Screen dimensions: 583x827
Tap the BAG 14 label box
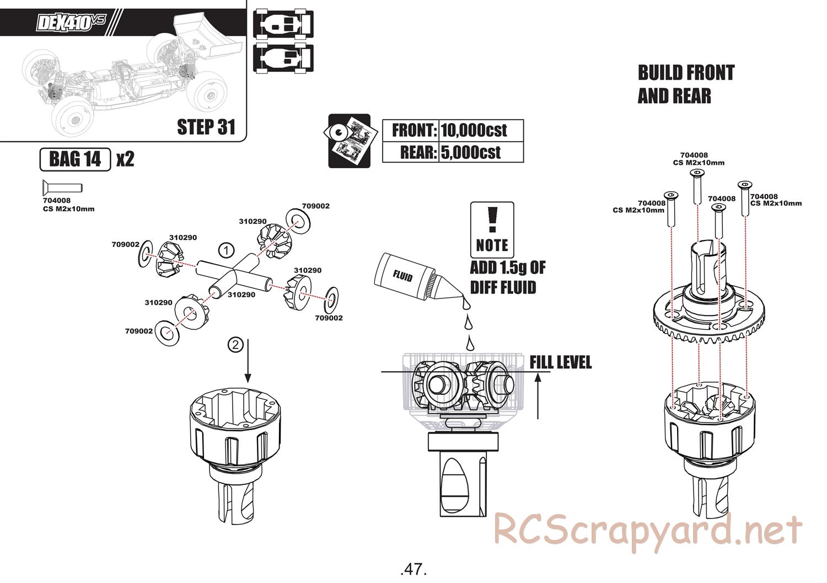(76, 159)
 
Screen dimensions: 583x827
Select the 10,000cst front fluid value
(474, 131)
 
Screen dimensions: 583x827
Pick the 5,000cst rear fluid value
(471, 152)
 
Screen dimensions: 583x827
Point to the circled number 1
(225, 250)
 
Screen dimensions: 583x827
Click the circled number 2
(235, 345)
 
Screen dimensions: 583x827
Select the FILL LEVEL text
(560, 362)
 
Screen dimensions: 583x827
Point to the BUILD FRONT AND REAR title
(686, 84)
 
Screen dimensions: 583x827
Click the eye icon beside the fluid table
(349, 141)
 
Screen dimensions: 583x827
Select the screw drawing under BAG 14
(61, 186)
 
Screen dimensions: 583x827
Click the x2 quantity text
(125, 159)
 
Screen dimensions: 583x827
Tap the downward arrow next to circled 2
(248, 361)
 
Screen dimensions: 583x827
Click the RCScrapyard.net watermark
(648, 531)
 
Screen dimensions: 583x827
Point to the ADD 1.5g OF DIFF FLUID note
(507, 277)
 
